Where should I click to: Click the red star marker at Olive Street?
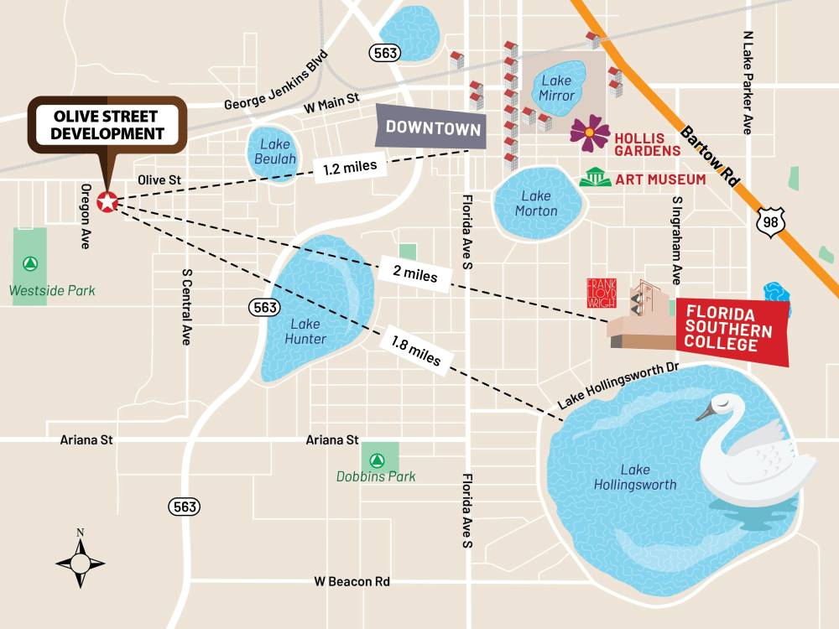(107, 201)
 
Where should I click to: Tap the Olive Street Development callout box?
(108, 125)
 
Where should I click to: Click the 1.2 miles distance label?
(356, 167)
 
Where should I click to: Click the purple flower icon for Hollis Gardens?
(590, 133)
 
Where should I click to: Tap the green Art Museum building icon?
(596, 178)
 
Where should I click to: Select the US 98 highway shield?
(768, 221)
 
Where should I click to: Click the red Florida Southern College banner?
(732, 330)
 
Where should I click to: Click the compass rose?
(81, 561)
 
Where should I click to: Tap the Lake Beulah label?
(274, 151)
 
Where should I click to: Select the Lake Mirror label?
(556, 88)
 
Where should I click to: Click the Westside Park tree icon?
(30, 263)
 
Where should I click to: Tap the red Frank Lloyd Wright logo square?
(601, 293)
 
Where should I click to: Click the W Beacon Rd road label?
(352, 581)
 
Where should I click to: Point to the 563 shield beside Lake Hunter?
(263, 308)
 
